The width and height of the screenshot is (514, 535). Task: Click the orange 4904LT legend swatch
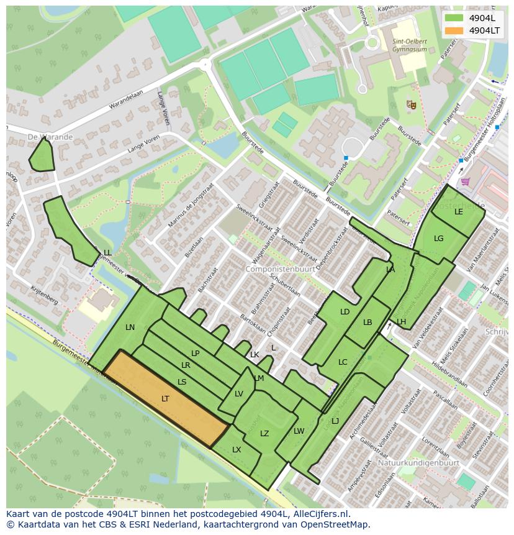pyautogui.click(x=454, y=30)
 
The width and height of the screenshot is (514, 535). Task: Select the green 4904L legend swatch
pyautogui.click(x=454, y=18)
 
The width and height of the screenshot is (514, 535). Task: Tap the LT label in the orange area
pyautogui.click(x=165, y=399)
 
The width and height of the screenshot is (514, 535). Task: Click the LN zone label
pyautogui.click(x=130, y=327)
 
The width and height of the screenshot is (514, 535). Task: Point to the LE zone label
pyautogui.click(x=459, y=212)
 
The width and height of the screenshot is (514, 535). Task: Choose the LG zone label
pyautogui.click(x=439, y=239)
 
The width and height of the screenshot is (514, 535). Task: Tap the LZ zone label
pyautogui.click(x=264, y=434)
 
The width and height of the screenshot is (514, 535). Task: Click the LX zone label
pyautogui.click(x=237, y=450)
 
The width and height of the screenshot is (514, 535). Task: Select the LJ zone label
pyautogui.click(x=335, y=421)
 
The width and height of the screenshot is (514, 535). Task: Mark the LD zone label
pyautogui.click(x=345, y=312)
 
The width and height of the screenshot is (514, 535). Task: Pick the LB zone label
pyautogui.click(x=367, y=322)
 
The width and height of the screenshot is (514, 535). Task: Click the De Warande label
pyautogui.click(x=50, y=137)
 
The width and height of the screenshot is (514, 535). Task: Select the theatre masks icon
pyautogui.click(x=410, y=105)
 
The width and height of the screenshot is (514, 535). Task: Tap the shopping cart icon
pyautogui.click(x=466, y=182)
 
